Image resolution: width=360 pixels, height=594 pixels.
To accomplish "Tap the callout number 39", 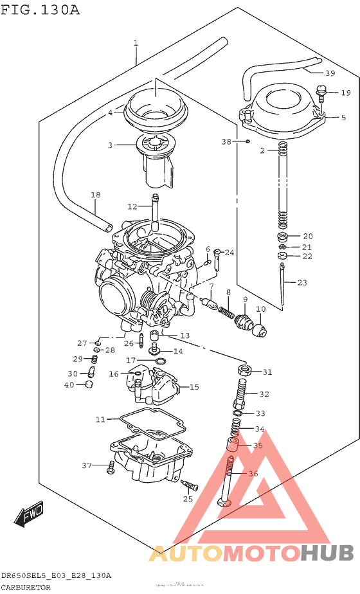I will [x=330, y=73].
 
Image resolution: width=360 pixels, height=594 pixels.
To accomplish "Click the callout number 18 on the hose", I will [x=95, y=195].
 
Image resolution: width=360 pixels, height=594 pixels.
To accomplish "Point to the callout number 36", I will [x=252, y=473].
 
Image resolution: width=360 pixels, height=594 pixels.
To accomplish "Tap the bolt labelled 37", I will [x=111, y=467].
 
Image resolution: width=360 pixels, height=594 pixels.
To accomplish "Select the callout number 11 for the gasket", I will [x=100, y=419].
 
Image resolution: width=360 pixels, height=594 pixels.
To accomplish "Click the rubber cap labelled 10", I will [x=259, y=330].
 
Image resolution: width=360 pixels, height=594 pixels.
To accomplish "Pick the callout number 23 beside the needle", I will [x=302, y=282].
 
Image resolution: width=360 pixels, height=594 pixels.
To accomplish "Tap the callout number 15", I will [x=194, y=387].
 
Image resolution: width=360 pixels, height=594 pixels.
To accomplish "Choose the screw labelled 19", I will [x=323, y=96].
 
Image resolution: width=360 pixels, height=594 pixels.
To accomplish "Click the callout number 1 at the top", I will [x=136, y=43].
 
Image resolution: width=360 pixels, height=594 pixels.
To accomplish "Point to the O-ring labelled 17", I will [x=161, y=361].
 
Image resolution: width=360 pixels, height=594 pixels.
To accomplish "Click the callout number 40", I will [x=69, y=385].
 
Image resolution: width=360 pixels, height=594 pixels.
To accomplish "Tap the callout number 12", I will [x=132, y=206].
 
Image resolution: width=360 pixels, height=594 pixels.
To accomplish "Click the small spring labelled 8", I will [x=226, y=312].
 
